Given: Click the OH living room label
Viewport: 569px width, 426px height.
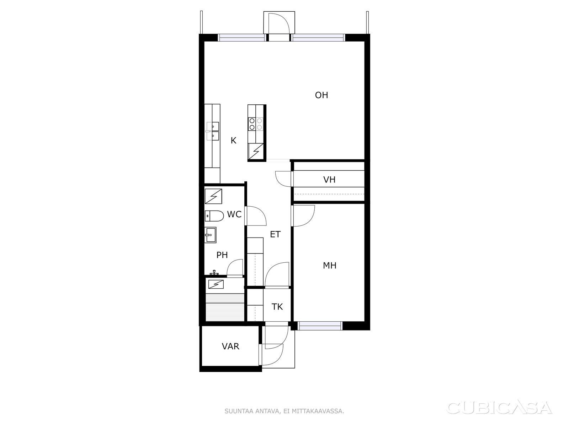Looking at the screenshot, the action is [321, 95].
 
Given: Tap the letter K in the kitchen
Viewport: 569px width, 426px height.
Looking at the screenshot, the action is [234, 141].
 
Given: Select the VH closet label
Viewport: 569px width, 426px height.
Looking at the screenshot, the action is [329, 180].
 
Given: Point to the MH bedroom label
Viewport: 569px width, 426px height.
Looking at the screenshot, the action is [329, 266].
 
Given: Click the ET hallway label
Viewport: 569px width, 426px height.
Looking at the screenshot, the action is [275, 234].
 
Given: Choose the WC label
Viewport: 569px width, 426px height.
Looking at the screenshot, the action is [234, 214].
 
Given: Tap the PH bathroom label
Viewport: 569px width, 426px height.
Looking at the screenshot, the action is [222, 255].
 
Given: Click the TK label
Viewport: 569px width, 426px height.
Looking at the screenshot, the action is [277, 307].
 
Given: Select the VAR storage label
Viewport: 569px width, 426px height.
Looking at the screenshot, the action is [230, 346].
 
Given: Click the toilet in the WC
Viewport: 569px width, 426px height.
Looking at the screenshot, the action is [214, 216].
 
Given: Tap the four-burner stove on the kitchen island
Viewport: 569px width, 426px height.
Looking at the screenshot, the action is [256, 124].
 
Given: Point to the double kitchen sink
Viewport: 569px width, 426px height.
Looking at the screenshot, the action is [213, 131].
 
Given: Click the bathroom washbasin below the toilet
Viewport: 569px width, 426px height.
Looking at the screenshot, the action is [210, 235].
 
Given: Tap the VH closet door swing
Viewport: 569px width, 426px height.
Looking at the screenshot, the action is [283, 179].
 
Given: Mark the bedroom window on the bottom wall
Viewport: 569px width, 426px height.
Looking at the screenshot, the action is [320, 326].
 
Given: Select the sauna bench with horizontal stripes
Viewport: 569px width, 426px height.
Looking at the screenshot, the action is [225, 307].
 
